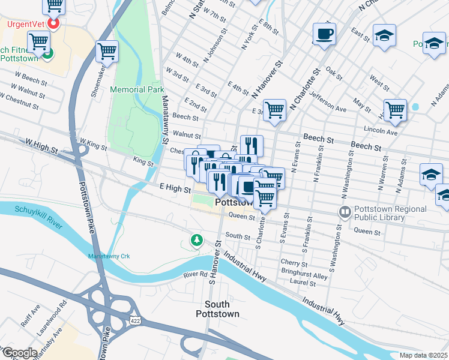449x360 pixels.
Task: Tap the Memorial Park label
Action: (x=137, y=89)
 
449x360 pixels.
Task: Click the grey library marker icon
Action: (x=345, y=212)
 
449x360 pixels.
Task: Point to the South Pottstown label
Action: (x=217, y=309)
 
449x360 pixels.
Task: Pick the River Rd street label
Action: (x=195, y=274)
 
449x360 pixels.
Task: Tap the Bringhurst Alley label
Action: (x=304, y=276)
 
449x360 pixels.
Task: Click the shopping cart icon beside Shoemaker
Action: (x=107, y=52)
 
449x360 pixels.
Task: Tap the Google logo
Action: (x=19, y=353)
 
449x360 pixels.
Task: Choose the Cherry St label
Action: (x=295, y=263)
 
